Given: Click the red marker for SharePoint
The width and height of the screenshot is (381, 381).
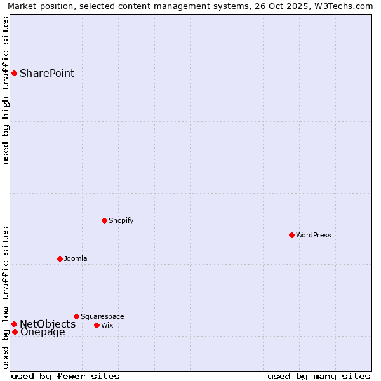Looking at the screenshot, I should click(14, 73).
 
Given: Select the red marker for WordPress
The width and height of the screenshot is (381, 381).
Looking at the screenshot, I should click(291, 235).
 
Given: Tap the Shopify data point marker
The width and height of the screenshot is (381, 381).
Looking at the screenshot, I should click(104, 220).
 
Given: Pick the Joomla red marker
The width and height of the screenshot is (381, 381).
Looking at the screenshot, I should click(60, 258).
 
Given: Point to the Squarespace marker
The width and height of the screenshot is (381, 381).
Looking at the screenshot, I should click(76, 316).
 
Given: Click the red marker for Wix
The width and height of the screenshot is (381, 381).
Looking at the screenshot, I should click(97, 325).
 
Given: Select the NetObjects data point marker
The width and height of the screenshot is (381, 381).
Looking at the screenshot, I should click(14, 324).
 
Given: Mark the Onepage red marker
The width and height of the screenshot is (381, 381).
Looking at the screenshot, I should click(15, 331).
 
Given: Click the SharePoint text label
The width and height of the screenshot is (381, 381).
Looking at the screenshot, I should click(47, 73).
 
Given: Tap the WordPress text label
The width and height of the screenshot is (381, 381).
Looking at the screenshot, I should click(314, 235).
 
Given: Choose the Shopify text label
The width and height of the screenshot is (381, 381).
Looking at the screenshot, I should click(121, 220).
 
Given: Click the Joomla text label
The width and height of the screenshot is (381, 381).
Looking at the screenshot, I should click(76, 258).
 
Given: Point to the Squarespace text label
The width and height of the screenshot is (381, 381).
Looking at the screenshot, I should click(102, 316).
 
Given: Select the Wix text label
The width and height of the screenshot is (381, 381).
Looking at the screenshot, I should click(107, 325).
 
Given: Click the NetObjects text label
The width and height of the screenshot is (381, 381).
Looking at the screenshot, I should click(48, 324).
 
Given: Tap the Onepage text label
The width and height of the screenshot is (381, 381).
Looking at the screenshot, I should click(43, 331).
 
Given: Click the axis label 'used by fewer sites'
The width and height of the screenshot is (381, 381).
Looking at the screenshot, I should click(65, 376).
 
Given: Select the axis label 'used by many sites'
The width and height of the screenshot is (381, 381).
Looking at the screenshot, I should click(319, 376).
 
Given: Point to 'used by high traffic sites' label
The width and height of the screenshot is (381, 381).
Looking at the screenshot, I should click(6, 91).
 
